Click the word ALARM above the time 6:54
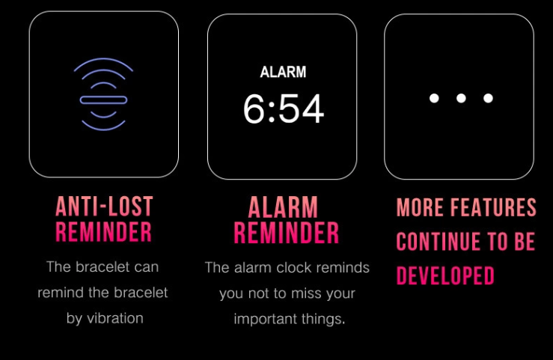283,72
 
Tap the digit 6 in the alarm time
254,109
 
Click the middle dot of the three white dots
461,98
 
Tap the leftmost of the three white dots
434,98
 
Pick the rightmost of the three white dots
488,98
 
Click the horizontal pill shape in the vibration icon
103,100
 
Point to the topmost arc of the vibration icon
103,59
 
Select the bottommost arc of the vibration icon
103,129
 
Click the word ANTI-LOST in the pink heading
104,206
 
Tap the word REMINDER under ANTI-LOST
103,231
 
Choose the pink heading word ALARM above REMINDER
283,207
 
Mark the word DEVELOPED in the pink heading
445,275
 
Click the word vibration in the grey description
115,318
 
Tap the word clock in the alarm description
294,268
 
